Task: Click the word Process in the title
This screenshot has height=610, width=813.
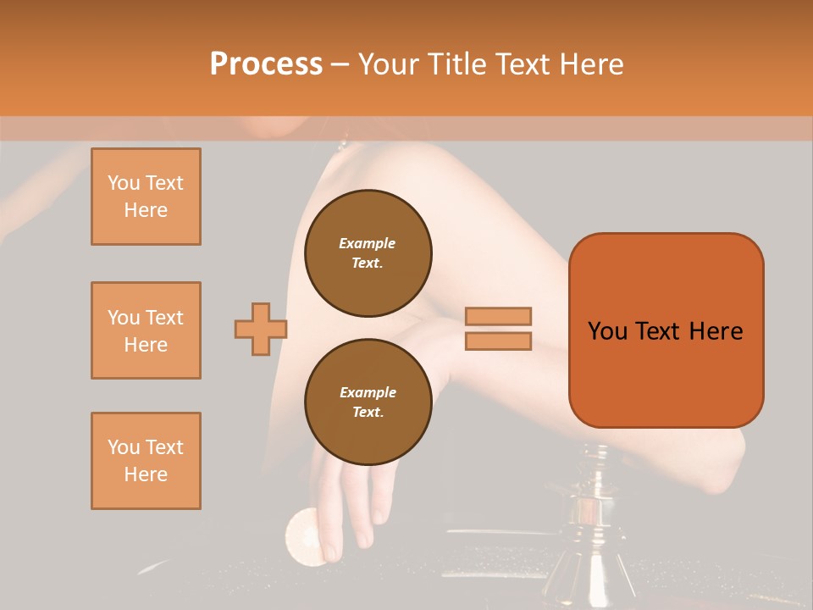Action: [266, 64]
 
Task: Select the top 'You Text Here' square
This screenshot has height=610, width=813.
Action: [146, 197]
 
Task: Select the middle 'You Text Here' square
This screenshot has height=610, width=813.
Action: [146, 330]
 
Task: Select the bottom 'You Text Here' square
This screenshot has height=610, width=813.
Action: [146, 461]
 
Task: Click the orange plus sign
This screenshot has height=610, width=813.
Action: [261, 329]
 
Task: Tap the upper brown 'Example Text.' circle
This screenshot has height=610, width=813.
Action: [368, 253]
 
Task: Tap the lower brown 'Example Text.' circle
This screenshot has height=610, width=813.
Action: [368, 402]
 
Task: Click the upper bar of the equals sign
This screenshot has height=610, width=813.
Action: [499, 316]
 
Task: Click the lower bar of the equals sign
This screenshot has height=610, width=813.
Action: [499, 341]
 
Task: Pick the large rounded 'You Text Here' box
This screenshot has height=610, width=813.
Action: [666, 330]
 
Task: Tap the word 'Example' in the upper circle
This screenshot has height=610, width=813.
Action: [368, 243]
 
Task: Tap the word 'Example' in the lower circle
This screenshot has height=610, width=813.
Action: [368, 392]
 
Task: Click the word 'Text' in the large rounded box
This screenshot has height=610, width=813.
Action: [657, 331]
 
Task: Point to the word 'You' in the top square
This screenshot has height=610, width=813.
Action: [122, 183]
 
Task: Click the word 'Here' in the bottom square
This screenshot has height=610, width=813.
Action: [146, 474]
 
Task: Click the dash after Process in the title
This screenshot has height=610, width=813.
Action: [340, 64]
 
